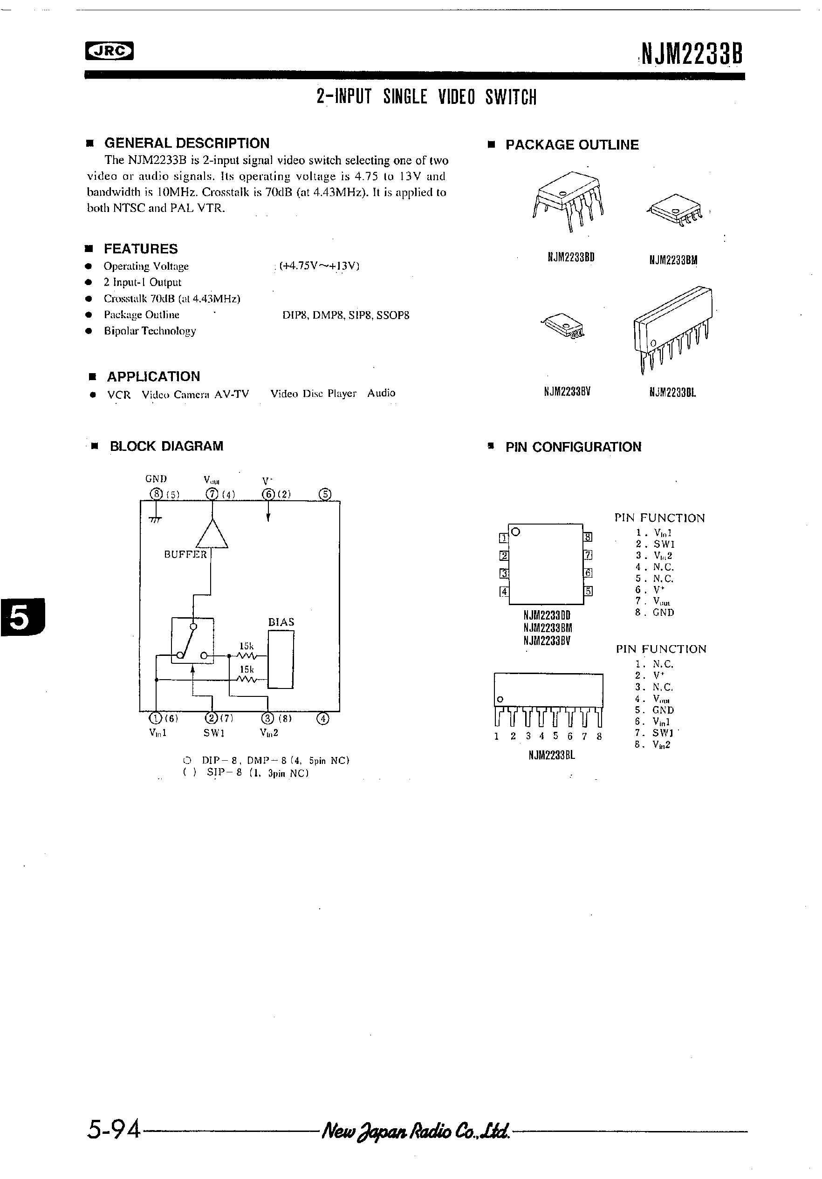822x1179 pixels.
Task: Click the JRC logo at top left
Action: (109, 51)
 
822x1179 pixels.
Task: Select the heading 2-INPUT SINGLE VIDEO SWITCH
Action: (426, 96)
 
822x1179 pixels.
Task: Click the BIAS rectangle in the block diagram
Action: (281, 659)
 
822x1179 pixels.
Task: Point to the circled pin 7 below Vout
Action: (212, 494)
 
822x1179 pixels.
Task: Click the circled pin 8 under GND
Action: (156, 494)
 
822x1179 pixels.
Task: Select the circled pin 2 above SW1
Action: (211, 718)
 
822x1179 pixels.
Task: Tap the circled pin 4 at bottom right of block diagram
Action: (322, 718)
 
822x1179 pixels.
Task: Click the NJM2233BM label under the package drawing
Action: (673, 260)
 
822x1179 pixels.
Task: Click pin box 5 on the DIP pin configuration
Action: (588, 591)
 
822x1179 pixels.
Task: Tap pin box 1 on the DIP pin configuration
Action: (503, 538)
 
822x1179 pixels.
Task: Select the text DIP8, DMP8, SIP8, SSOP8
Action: (346, 315)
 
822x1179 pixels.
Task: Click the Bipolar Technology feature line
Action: (150, 331)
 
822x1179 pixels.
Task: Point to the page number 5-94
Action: (114, 1130)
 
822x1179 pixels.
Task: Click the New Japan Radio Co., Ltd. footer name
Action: (415, 1131)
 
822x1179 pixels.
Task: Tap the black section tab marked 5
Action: (21, 618)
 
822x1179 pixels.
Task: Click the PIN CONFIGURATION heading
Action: (573, 447)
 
